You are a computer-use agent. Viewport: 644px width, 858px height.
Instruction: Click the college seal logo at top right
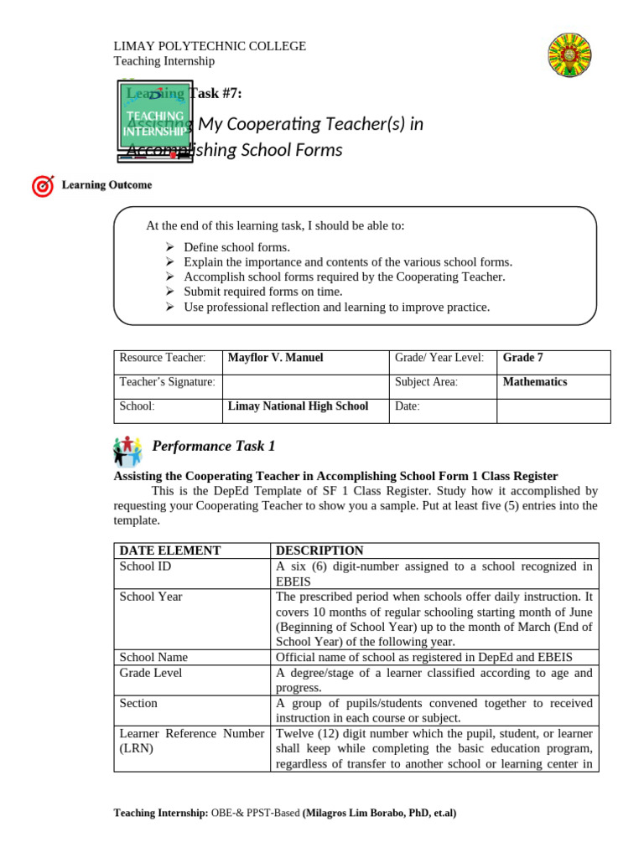coord(574,57)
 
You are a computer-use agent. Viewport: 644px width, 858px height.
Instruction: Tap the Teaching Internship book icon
coord(155,120)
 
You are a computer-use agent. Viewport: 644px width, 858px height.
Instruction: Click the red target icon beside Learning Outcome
coord(43,186)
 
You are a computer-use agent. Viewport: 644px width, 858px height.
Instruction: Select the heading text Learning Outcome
coord(106,185)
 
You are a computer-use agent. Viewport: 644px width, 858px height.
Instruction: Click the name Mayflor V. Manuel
coord(275,358)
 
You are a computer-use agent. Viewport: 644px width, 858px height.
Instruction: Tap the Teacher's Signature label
coord(167,382)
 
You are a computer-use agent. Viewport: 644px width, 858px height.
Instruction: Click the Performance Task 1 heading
coord(213,447)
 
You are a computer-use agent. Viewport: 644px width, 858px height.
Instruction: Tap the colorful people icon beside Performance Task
coord(127,450)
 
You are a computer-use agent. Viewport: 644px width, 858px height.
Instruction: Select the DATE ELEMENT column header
coord(170,550)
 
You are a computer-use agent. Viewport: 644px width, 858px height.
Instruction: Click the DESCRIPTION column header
coord(319,550)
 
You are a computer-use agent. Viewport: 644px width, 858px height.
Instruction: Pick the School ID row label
coord(144,566)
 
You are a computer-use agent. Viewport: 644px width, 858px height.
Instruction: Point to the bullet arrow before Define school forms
coord(169,247)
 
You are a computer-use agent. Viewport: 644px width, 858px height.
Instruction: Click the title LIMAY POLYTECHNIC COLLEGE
coord(210,46)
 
